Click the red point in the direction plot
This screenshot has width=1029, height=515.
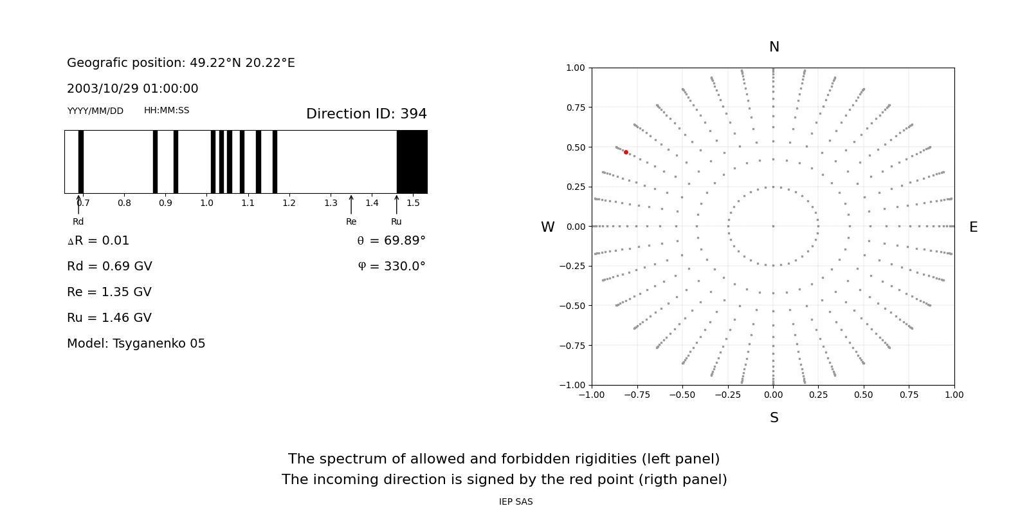626,153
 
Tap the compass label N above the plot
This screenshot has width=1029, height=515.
774,47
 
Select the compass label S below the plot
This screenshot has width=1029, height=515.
774,418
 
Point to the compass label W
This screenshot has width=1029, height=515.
547,227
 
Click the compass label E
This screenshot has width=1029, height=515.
973,227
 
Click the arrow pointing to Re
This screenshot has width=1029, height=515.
351,205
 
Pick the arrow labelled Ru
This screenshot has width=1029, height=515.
396,205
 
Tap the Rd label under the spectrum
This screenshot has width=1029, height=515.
78,222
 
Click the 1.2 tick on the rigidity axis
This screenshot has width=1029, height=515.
289,203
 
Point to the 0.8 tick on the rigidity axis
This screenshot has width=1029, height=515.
124,203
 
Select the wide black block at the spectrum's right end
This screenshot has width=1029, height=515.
412,162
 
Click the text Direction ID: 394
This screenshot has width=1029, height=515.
366,114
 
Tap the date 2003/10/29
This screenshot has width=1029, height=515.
100,89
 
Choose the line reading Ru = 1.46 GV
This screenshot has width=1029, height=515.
109,318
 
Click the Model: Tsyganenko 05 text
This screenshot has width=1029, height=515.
136,344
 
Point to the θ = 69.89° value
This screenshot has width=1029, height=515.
391,241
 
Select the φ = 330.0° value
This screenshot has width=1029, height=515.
392,267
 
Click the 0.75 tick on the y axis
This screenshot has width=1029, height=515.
575,108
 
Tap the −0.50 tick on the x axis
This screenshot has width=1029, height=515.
682,395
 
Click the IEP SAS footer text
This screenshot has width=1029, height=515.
516,502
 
